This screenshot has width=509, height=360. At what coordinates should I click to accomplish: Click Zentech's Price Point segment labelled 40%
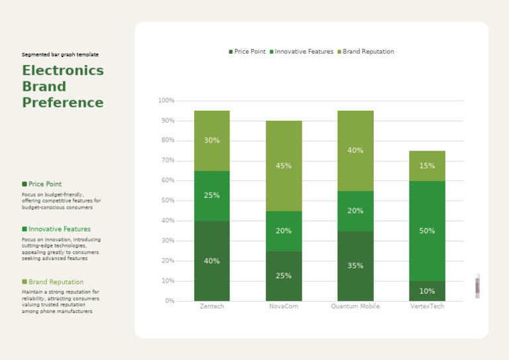pos(211,261)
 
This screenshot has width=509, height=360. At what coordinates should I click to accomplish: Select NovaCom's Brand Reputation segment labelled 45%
pos(284,166)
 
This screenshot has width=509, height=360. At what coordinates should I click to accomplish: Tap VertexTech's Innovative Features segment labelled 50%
pos(427,231)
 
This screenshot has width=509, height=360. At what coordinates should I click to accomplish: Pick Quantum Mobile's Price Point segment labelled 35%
pos(355,266)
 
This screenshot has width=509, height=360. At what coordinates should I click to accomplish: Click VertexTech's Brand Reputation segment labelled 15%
pos(427,166)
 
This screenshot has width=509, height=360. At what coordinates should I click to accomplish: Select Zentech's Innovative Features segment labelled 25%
pos(211,196)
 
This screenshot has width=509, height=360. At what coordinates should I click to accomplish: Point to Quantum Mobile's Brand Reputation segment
pos(355,150)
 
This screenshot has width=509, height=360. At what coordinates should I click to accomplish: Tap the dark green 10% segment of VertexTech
pos(427,291)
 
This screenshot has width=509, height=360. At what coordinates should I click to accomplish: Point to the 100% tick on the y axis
pos(166,101)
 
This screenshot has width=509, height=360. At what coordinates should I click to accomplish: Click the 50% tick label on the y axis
pos(167,201)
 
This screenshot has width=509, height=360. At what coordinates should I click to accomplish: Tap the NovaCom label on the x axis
pos(284,306)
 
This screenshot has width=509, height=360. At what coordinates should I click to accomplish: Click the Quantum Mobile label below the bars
pos(355,306)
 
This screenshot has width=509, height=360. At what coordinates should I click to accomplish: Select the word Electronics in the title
pos(63,71)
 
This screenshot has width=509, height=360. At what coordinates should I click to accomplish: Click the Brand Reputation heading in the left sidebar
pos(56,282)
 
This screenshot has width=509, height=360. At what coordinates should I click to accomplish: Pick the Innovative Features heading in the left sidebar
pos(59,229)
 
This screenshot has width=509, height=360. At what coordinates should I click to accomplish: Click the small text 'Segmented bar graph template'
pos(60,54)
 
